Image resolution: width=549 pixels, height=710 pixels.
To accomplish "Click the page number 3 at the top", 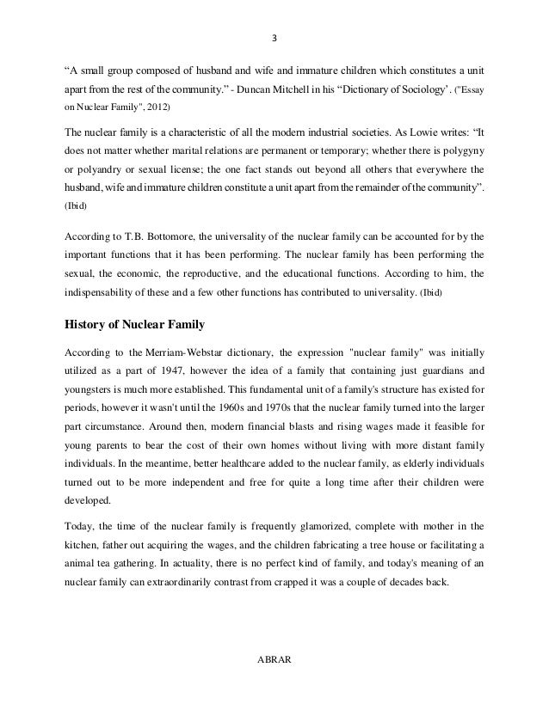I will [x=274, y=38].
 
